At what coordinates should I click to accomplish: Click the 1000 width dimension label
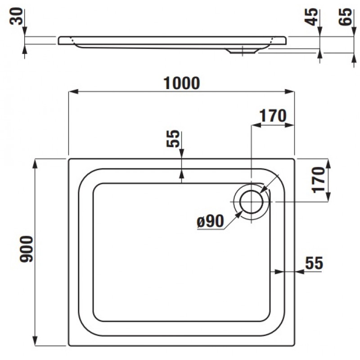[x=182, y=83]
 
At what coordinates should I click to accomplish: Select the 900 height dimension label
[x=27, y=249]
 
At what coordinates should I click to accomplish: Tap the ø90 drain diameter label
[x=211, y=221]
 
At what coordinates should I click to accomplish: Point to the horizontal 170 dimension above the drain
[x=273, y=116]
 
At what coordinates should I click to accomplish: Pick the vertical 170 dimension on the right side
[x=319, y=180]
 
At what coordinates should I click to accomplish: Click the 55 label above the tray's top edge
[x=173, y=139]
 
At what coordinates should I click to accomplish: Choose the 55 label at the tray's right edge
[x=314, y=263]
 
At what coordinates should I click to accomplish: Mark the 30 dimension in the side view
[x=16, y=16]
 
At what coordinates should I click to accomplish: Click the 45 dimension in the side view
[x=311, y=17]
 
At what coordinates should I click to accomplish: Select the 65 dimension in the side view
[x=345, y=17]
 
